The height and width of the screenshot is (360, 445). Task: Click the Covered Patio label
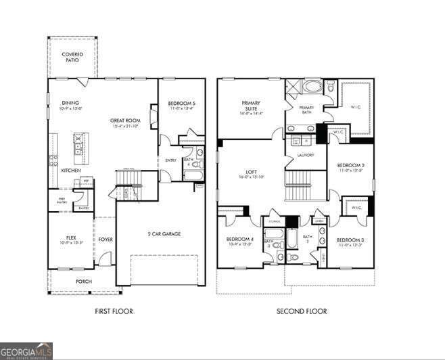point(72,57)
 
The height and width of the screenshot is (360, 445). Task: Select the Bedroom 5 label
point(181,104)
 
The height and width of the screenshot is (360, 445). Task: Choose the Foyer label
point(106,238)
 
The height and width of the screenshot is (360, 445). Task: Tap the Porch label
point(84,282)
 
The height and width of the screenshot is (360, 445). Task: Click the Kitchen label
point(71,171)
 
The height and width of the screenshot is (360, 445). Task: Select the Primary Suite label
point(252,107)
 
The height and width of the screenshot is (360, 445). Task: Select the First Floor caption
point(114,311)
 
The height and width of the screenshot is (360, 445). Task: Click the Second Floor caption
point(302,311)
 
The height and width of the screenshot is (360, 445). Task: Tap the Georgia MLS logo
point(26,351)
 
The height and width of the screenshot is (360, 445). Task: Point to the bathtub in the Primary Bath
point(312,87)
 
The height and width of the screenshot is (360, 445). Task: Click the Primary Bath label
point(306,110)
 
